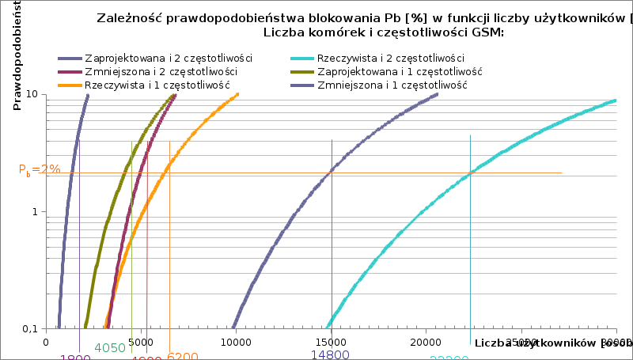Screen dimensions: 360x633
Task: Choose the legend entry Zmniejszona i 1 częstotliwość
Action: pyautogui.click(x=392, y=84)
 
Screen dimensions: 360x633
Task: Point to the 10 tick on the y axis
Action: pyautogui.click(x=32, y=94)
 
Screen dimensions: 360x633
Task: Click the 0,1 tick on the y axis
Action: pyautogui.click(x=30, y=329)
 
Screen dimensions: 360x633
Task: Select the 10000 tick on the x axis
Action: pyautogui.click(x=237, y=343)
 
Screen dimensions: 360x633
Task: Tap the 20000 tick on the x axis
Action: pyautogui.click(x=426, y=343)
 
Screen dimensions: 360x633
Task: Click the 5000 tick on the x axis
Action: pyautogui.click(x=142, y=343)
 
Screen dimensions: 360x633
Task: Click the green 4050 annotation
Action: pyautogui.click(x=110, y=348)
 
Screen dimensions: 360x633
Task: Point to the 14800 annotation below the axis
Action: pyautogui.click(x=330, y=354)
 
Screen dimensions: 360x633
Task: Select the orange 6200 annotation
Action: pyautogui.click(x=183, y=357)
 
